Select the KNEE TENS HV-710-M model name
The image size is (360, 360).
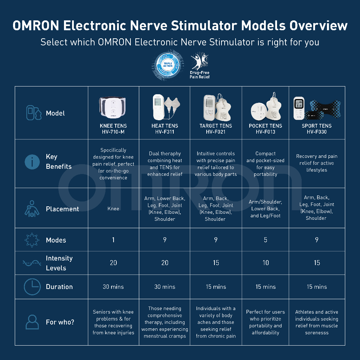pos(113,129)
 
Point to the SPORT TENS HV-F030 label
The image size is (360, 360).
pos(316,129)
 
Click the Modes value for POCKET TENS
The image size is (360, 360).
pos(265,240)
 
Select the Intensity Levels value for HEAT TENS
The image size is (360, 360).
pos(165,263)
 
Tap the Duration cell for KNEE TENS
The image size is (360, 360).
pos(113,287)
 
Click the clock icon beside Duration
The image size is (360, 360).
pos(32,287)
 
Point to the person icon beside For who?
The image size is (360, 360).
pos(32,322)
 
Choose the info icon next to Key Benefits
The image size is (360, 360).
pos(32,162)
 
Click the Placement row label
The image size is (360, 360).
pos(62,209)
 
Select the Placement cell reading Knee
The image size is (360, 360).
pos(113,208)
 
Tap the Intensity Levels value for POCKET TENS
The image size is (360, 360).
pos(265,263)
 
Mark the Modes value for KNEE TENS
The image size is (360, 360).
pos(113,240)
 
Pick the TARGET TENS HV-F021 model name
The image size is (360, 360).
pos(216,129)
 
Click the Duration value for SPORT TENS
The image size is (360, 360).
pos(316,287)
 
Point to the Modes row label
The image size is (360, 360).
pos(56,240)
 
